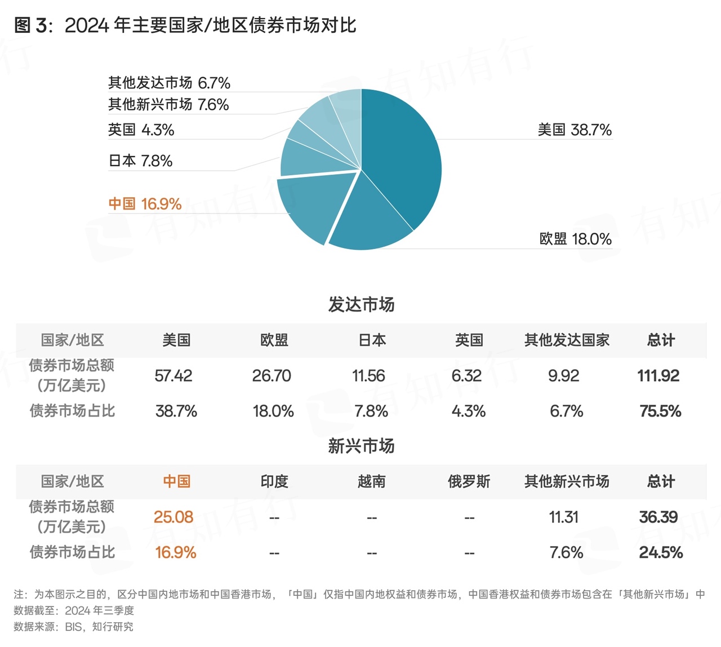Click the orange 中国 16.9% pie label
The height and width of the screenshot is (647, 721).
point(145,203)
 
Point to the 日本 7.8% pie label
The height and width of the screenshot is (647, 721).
point(140,161)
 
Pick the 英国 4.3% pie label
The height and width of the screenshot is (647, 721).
point(141,130)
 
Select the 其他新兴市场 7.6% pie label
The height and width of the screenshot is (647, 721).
point(168,104)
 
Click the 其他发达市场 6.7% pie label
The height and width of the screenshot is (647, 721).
point(169,83)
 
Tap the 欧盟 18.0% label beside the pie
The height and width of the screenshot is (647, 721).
point(575,239)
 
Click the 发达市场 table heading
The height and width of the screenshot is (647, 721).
point(361,304)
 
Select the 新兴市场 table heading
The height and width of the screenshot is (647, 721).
point(361,446)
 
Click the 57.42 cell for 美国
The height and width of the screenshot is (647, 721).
point(173,375)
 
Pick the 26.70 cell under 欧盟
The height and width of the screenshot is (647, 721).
point(272,375)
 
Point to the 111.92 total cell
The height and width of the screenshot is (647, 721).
point(658,375)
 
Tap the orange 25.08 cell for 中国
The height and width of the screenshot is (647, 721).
point(173,517)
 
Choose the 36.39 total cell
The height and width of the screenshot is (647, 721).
point(658,517)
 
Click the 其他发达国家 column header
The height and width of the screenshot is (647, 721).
point(567,340)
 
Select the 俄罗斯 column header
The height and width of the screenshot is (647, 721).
point(469,481)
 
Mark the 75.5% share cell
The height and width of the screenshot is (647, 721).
point(660,411)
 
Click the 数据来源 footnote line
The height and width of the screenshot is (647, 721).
point(73,627)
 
